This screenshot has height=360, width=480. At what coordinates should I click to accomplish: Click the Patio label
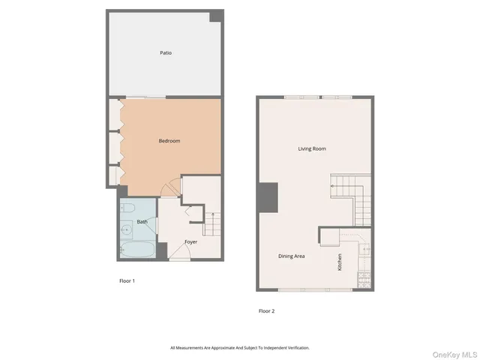[166, 53]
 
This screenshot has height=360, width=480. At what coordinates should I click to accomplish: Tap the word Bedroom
[169, 141]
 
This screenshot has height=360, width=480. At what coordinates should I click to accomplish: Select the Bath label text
[142, 222]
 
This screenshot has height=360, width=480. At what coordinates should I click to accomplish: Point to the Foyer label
[190, 241]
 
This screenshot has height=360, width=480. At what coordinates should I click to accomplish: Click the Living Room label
[312, 148]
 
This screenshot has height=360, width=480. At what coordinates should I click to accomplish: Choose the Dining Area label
[292, 256]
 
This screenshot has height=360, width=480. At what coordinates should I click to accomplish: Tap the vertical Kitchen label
[340, 262]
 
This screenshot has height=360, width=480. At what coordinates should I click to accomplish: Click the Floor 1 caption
[127, 281]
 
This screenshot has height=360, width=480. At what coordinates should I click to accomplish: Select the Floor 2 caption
[266, 310]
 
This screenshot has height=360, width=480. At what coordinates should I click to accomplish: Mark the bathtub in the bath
[137, 248]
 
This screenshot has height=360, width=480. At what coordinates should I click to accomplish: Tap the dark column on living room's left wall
[267, 197]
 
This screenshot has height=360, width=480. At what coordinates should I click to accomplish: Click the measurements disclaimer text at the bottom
[240, 347]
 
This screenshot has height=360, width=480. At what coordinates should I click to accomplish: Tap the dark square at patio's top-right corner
[216, 16]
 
